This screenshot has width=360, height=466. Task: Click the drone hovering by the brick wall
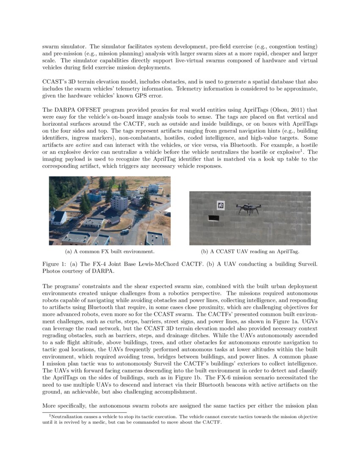pyautogui.click(x=248, y=208)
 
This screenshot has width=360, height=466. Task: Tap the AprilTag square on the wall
pyautogui.click(x=221, y=205)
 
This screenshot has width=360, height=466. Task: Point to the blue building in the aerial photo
pyautogui.click(x=94, y=197)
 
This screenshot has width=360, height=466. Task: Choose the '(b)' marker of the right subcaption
pyautogui.click(x=205, y=252)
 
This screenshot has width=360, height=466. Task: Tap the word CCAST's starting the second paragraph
pyautogui.click(x=53, y=81)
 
